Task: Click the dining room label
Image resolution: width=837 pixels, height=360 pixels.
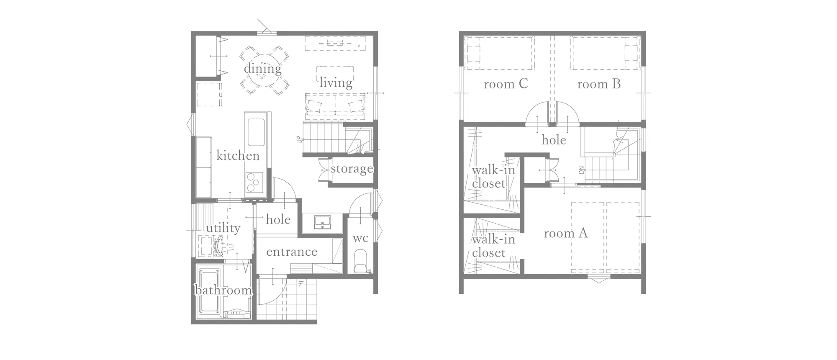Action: coord(263,68)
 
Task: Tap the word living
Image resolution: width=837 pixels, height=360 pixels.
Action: coord(336,82)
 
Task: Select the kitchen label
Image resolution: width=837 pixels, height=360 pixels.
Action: coord(238,156)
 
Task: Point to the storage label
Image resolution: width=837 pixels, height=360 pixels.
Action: coord(352,169)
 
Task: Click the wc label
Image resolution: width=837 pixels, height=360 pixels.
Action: coord(360,239)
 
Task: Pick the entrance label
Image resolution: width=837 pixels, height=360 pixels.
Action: coord(292,252)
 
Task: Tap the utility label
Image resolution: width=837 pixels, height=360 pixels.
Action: coord(223,228)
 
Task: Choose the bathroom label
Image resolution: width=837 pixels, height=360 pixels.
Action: coord(223,290)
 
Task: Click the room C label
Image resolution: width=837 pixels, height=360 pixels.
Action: coord(506,84)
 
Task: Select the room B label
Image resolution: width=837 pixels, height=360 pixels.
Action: coord(599,84)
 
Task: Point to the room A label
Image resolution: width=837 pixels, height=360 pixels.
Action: coord(566,233)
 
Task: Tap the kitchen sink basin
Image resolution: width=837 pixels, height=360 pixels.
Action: coord(256,132)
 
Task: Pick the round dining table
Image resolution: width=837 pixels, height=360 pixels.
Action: coord(263,70)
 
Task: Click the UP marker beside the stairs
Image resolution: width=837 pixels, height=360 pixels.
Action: coord(299,140)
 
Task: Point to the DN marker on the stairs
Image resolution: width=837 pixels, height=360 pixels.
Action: coord(581,170)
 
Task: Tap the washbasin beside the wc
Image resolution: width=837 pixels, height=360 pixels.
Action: coord(322,222)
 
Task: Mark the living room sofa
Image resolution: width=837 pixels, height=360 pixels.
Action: coord(335,105)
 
